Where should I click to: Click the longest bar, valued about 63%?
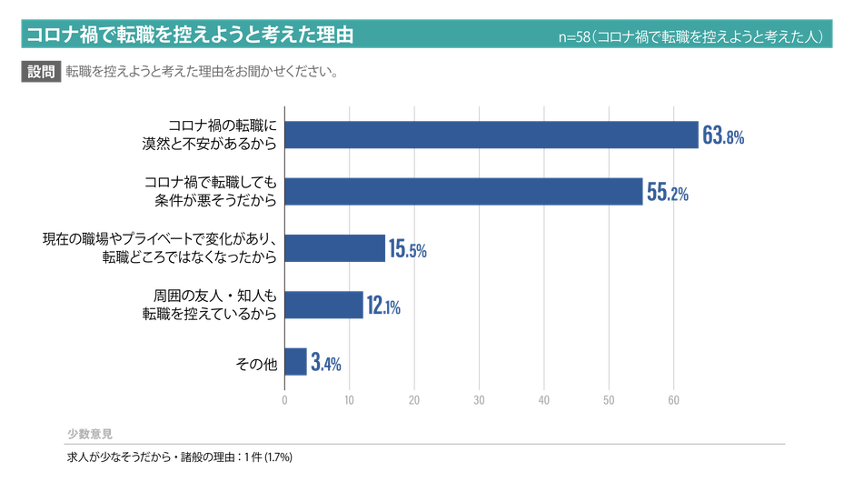492,135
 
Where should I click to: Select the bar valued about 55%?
463,191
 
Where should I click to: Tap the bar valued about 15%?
336,248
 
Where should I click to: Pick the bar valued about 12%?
324,305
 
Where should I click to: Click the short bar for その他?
295,362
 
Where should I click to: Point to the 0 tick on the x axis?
285,401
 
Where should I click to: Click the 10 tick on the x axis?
350,401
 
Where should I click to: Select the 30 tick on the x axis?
479,401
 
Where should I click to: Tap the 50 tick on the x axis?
609,401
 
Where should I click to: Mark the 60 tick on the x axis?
673,401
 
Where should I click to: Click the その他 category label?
255,364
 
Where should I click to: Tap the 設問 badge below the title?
41,72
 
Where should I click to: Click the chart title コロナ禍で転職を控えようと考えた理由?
190,35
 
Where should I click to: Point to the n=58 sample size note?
691,37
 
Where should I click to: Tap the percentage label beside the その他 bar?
325,364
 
